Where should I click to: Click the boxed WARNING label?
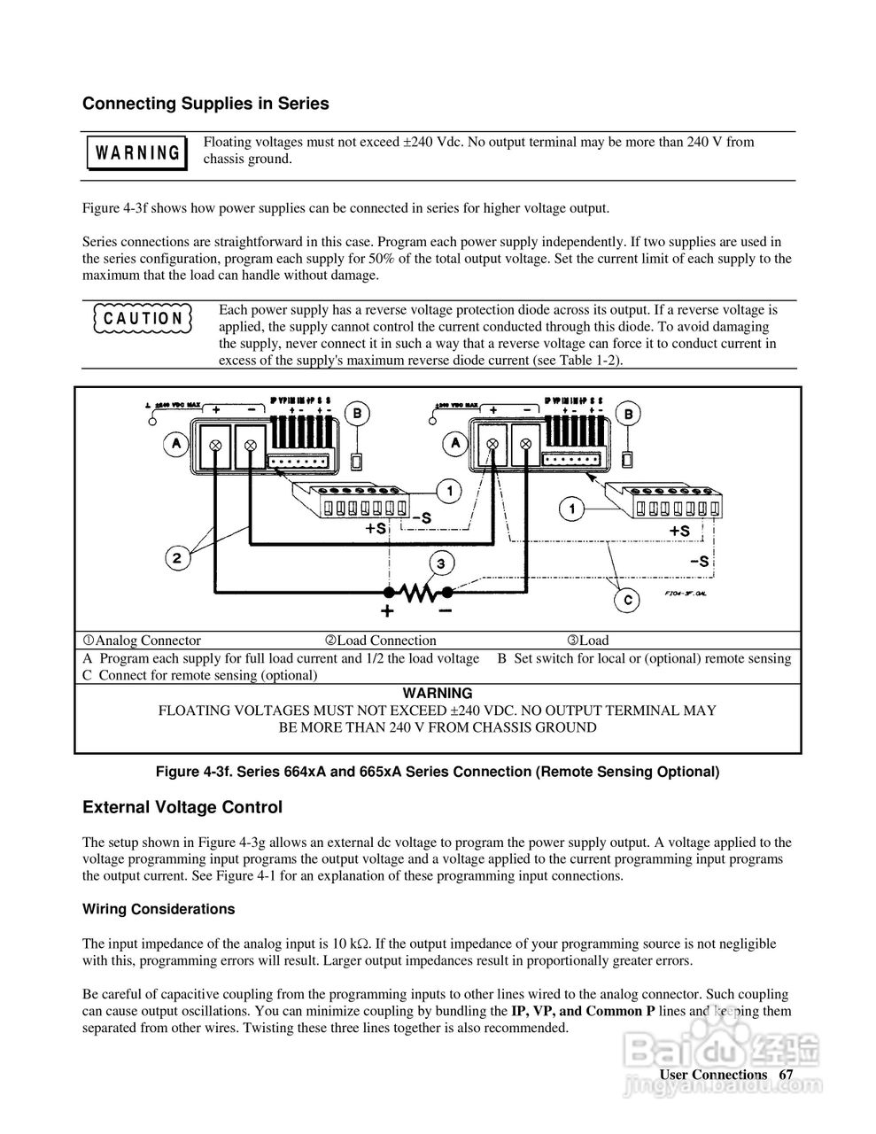tap(137, 152)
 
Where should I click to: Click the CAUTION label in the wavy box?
tap(143, 318)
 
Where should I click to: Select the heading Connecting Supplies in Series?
tap(205, 104)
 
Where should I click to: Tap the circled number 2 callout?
tap(177, 558)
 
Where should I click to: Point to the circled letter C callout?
tap(626, 601)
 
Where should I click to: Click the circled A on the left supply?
tap(176, 442)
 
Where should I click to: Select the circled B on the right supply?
tap(628, 414)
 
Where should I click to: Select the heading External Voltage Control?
tap(182, 807)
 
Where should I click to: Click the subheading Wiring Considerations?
tap(159, 909)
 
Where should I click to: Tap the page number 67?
tap(786, 1075)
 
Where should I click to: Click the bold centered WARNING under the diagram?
tap(438, 693)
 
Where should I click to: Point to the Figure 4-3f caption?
tap(438, 772)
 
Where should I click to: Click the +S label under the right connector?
tap(679, 530)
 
